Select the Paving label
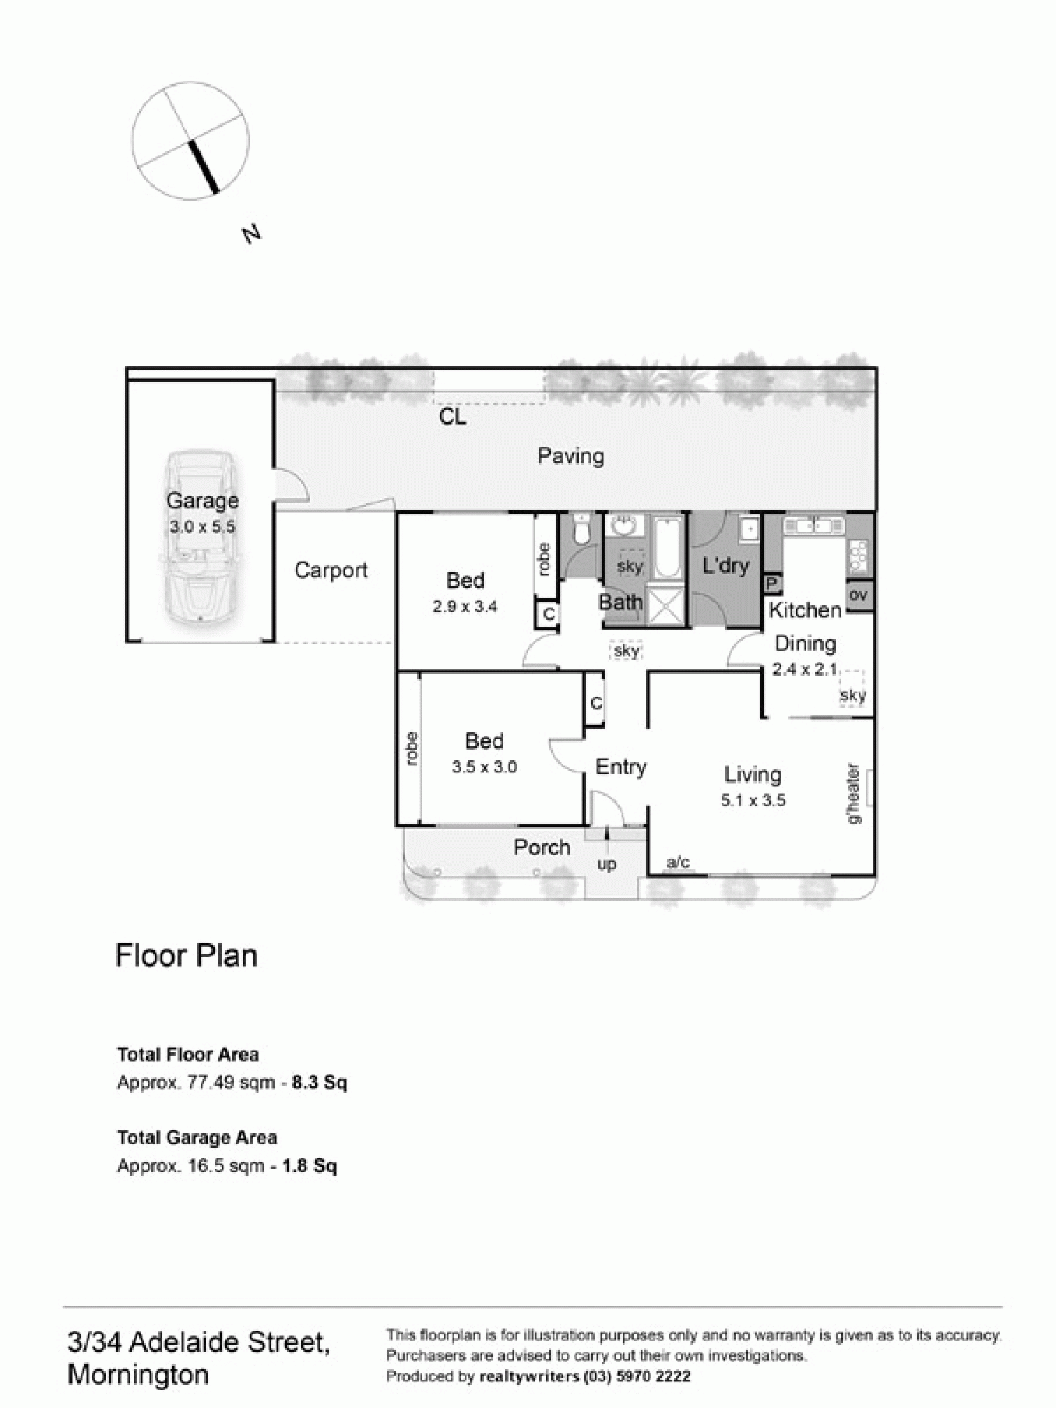point(570,456)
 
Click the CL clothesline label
point(452,417)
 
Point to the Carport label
point(331,570)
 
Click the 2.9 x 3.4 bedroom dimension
point(465,607)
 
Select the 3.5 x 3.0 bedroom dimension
point(484,767)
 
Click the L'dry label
point(725,565)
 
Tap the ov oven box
point(858,595)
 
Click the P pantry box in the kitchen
point(772,584)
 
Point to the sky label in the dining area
point(853,696)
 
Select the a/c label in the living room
point(678,862)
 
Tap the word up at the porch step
point(607,864)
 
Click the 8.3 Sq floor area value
point(319,1082)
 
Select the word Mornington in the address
point(138,1374)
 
